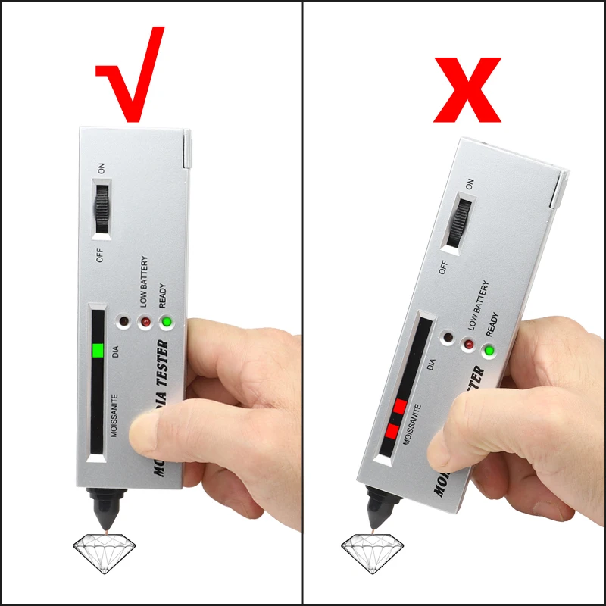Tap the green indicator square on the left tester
click(x=96, y=351)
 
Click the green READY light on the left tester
click(x=167, y=323)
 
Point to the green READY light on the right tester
click(x=490, y=351)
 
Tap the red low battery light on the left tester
click(x=144, y=323)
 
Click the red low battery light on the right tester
click(x=470, y=345)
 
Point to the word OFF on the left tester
click(x=100, y=254)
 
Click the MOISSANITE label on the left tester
click(x=114, y=417)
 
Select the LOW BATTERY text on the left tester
click(x=144, y=281)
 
